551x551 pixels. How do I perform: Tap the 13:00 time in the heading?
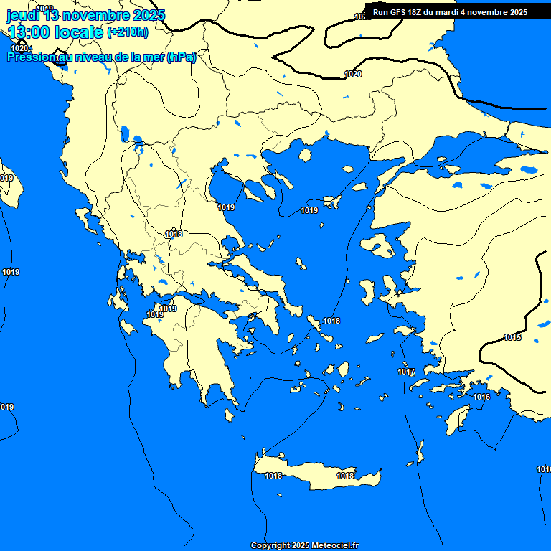[x=29, y=32]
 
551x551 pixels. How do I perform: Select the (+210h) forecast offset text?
[x=128, y=32]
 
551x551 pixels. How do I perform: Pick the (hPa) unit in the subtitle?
[x=181, y=57]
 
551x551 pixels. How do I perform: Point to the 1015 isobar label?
[x=512, y=337]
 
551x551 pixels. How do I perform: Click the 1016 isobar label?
[x=481, y=397]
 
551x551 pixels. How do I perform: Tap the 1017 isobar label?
[x=406, y=372]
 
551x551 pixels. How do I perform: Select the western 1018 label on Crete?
[x=273, y=476]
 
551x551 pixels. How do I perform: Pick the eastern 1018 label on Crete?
[x=345, y=476]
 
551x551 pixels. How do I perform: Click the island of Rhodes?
[x=456, y=418]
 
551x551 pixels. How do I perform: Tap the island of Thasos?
[x=305, y=155]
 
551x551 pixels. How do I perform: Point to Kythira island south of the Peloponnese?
[x=230, y=415]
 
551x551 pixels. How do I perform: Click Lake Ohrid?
[x=126, y=134]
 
